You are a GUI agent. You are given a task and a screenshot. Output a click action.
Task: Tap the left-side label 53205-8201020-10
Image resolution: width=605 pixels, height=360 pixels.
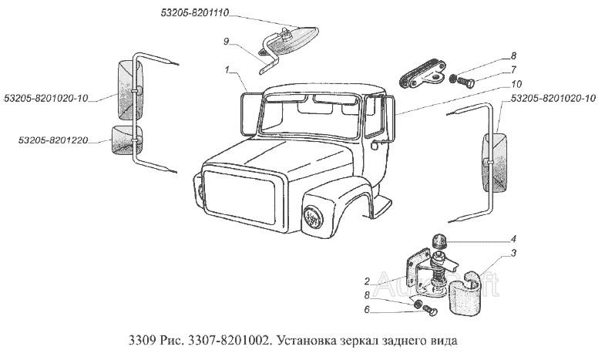[x=46, y=98]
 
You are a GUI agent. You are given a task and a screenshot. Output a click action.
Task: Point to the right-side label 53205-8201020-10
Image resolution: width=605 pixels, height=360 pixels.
[x=553, y=99]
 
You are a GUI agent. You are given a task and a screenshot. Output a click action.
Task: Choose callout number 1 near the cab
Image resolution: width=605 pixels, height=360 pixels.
[x=227, y=71]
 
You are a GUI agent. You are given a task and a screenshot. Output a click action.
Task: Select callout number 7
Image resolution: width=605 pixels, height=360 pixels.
[x=513, y=69]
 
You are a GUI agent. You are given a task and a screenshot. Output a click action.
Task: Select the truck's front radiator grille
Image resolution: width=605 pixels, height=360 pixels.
[x=240, y=197]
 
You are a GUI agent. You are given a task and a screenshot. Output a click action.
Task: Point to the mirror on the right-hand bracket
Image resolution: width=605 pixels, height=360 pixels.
[x=492, y=163]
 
